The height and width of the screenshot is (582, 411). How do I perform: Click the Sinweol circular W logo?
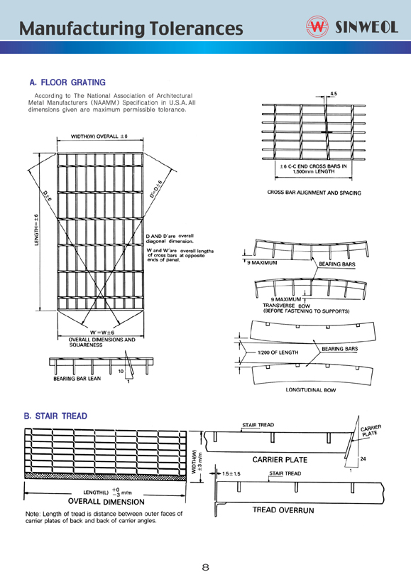coord(317,26)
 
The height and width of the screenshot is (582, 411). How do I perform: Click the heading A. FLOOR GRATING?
coord(67,82)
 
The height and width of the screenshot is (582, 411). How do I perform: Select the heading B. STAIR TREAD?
coord(55,416)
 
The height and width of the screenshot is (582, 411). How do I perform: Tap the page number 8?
coord(206,567)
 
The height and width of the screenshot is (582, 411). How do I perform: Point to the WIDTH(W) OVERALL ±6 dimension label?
coord(99,136)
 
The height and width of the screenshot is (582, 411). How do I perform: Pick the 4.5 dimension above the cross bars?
coord(333,94)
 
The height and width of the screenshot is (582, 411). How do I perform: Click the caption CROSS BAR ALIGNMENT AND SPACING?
coord(314,193)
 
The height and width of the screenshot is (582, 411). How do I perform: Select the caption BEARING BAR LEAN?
coord(77,379)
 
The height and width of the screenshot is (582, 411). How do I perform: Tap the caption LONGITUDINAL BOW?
coord(311,390)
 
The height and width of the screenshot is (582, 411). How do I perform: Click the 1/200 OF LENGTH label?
coord(278,352)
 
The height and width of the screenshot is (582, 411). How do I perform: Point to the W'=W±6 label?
coord(102,332)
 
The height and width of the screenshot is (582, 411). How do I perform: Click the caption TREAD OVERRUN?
coord(283,510)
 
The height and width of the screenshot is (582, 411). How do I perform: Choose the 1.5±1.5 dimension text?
coord(231,473)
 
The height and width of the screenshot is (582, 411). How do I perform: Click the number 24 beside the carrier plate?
coord(363,459)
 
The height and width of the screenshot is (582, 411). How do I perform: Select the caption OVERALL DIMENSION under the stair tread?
coord(106,502)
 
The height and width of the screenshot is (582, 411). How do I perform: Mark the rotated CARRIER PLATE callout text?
coord(371,431)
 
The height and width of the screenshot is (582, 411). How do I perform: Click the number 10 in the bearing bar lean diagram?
coord(121,371)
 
